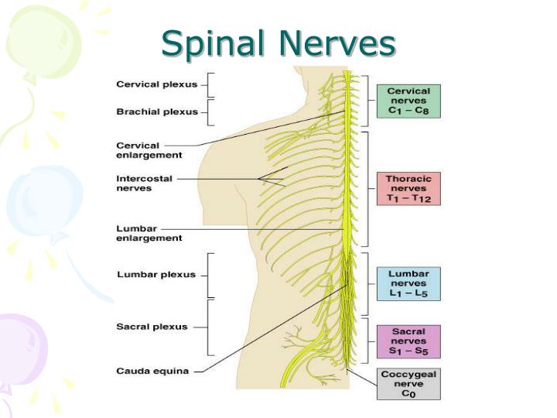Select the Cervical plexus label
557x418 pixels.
tap(156, 84)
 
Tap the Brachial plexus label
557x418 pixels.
tap(157, 111)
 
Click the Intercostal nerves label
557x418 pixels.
tap(144, 183)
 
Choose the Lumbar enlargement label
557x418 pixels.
tap(149, 233)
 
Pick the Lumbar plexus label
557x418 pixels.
tap(155, 274)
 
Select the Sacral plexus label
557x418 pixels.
tap(152, 327)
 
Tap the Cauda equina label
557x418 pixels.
tap(152, 371)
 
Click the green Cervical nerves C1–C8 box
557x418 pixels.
tap(408, 101)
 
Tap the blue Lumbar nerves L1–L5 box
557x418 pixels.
tap(408, 283)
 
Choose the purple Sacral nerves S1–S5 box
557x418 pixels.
tap(408, 341)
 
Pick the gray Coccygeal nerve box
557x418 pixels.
tap(408, 383)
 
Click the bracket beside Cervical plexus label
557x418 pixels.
tap(210, 84)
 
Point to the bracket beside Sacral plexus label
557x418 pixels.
tap(210, 327)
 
